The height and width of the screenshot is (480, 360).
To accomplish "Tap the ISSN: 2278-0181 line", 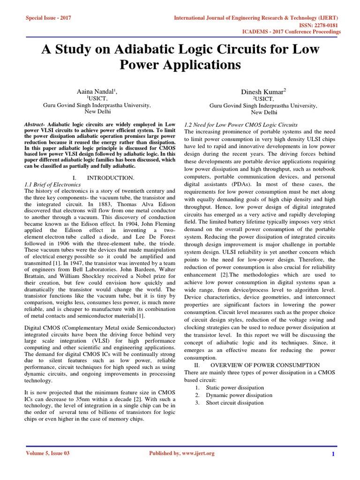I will (x=315, y=25).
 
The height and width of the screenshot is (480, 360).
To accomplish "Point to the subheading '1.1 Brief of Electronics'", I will (x=52, y=185).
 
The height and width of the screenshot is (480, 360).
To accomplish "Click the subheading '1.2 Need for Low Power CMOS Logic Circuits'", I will (x=240, y=125).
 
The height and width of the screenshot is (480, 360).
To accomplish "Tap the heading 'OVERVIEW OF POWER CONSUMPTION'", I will (x=265, y=365).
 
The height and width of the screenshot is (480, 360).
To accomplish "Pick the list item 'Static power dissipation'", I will (x=234, y=388).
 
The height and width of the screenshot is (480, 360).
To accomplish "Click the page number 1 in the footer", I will (x=332, y=454).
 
